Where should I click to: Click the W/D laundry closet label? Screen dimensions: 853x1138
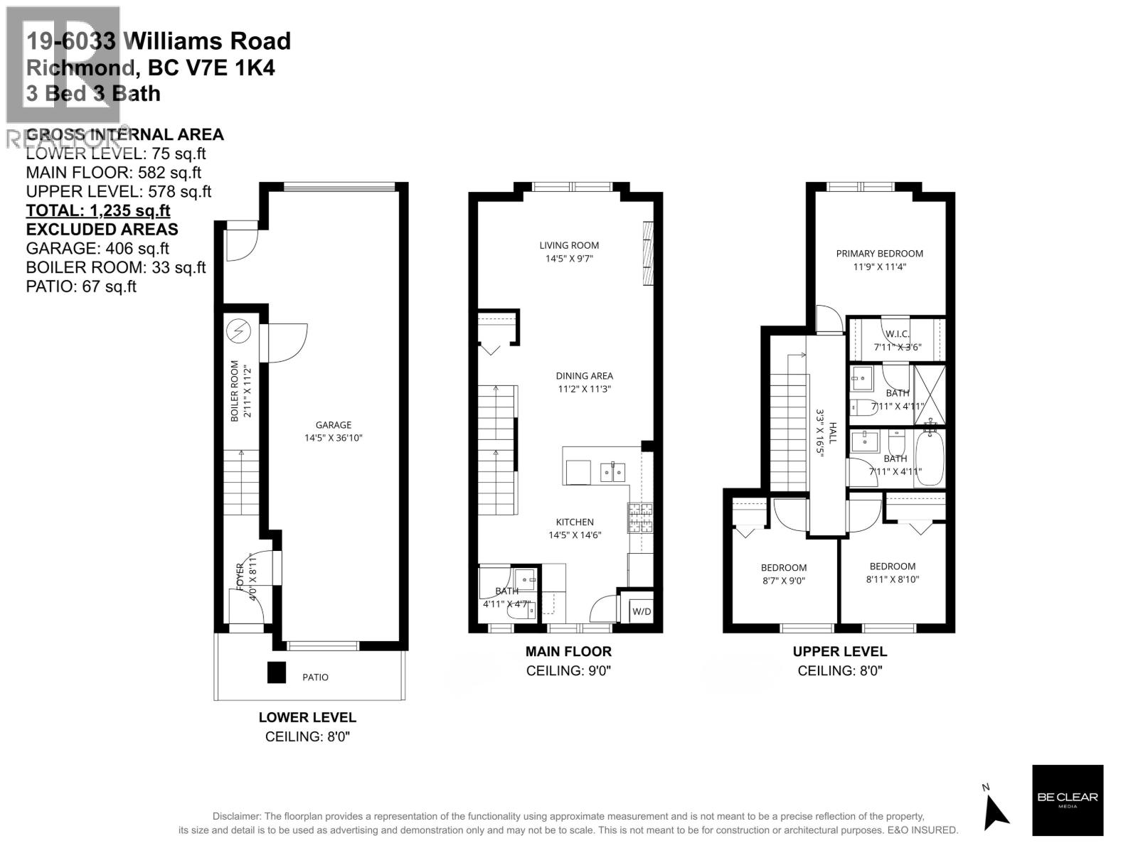click(641, 611)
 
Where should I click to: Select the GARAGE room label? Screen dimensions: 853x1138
click(334, 425)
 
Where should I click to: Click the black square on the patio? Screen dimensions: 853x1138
click(276, 672)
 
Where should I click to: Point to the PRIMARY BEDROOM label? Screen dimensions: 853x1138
click(879, 254)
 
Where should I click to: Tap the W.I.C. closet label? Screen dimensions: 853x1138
click(897, 334)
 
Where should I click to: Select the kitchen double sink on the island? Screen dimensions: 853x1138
click(612, 471)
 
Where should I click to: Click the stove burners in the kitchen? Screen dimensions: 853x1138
click(639, 517)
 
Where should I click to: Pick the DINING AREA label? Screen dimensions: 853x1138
click(584, 376)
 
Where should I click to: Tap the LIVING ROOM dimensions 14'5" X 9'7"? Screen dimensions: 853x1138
click(569, 259)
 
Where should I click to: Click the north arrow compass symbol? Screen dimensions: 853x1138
click(996, 810)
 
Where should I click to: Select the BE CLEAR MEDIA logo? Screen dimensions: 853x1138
click(1067, 800)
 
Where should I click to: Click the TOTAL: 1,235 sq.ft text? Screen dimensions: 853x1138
click(98, 210)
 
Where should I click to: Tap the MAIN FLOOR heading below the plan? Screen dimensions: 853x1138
click(568, 651)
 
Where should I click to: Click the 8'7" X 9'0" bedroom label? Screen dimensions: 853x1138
click(783, 581)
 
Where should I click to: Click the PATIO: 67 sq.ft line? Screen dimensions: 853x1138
click(81, 286)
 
